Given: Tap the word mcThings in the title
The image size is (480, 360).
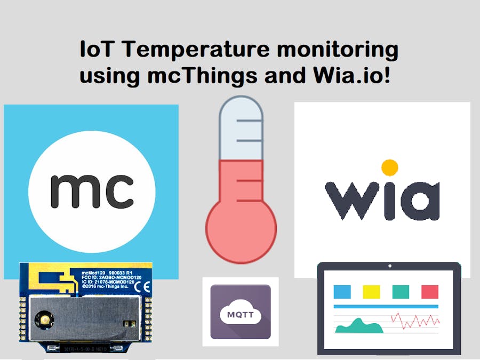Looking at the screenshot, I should tap(203, 76).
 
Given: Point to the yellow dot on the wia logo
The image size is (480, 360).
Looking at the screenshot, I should tap(390, 167).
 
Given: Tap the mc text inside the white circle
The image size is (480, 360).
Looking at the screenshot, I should tap(92, 191).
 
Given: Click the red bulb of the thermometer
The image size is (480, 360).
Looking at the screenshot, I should tap(241, 227).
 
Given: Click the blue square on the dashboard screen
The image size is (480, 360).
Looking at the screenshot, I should tap(342, 292).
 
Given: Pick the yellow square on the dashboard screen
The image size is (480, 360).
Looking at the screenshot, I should tap(371, 292).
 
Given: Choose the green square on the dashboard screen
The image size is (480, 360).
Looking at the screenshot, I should tap(401, 292).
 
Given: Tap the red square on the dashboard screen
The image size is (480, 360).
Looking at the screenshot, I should tap(430, 292).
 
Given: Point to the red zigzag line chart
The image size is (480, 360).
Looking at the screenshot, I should tap(415, 321).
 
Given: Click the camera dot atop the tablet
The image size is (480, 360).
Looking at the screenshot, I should tap(389, 266).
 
